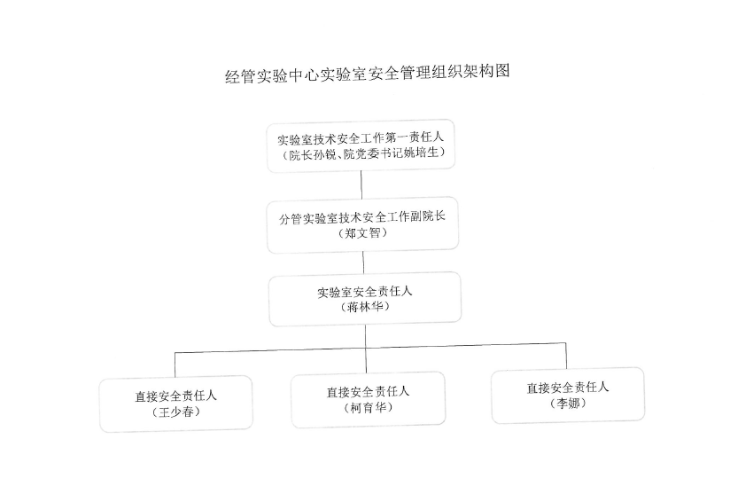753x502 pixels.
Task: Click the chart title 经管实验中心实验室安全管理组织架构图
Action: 368,74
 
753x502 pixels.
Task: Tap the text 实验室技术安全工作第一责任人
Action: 361,138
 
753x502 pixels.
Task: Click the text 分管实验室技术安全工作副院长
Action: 362,218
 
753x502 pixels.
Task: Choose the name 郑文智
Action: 362,233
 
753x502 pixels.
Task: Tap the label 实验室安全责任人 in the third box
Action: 364,292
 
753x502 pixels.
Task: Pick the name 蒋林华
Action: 365,307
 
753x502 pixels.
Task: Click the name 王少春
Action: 175,412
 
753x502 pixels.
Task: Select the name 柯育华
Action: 368,408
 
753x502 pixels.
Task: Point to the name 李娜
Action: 568,404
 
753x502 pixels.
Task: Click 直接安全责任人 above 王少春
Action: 175,396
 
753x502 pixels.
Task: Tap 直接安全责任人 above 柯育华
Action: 368,392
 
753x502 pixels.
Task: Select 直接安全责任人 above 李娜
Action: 568,388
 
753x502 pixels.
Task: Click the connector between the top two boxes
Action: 361,184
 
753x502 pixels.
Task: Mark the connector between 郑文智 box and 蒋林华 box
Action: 363,263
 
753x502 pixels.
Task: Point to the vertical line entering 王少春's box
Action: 175,365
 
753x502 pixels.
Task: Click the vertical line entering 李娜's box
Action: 566,356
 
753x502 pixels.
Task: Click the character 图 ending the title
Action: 502,71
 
